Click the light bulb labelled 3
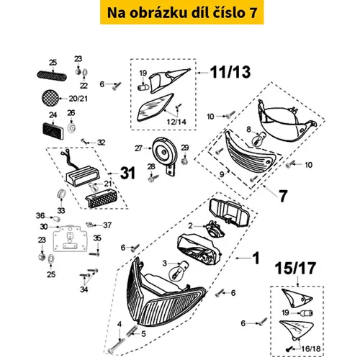(x=174, y=274)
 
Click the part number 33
(x=60, y=210)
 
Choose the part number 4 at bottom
(x=118, y=324)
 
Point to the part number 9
(x=222, y=174)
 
